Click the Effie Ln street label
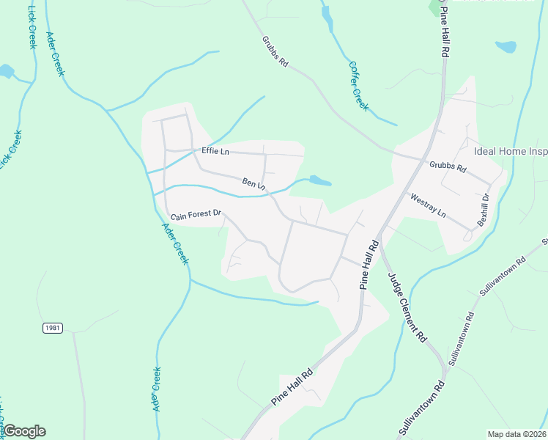tap(215, 151)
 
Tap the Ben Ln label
tap(253, 183)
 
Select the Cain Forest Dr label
tap(196, 214)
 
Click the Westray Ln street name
tap(428, 205)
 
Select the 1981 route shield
tap(51, 327)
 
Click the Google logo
tap(23, 431)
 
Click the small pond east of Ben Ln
tap(320, 180)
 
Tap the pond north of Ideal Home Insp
tap(506, 47)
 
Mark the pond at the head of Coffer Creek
tap(326, 18)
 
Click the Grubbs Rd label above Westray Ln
tap(448, 166)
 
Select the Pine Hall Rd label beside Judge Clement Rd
tap(369, 263)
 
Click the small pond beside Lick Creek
tap(6, 71)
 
